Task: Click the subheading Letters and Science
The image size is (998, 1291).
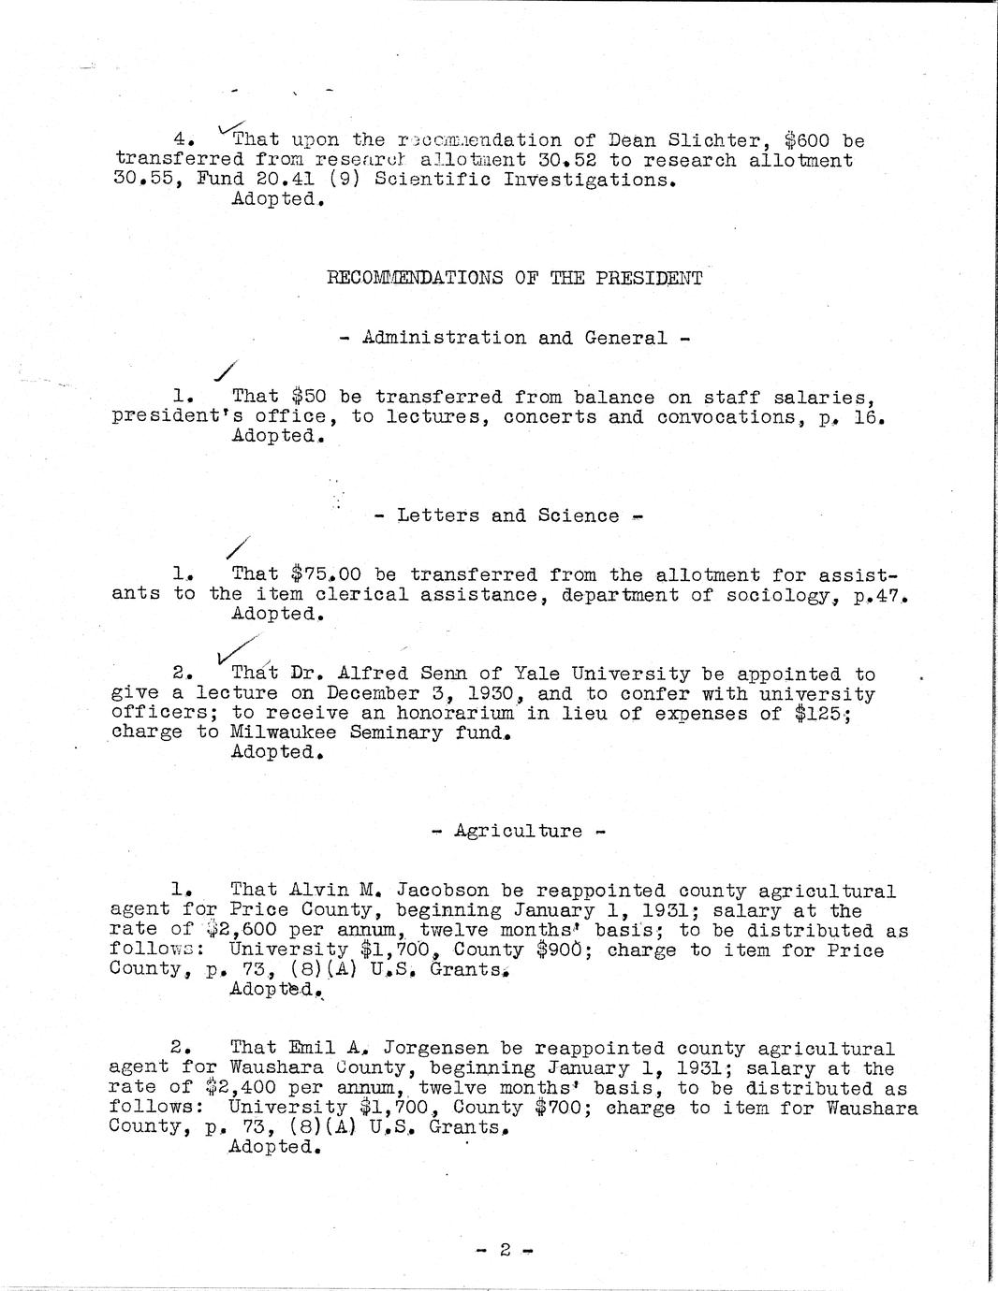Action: coord(507,515)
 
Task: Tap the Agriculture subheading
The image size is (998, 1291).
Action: coord(518,831)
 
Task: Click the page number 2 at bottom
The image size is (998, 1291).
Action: coord(503,1249)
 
